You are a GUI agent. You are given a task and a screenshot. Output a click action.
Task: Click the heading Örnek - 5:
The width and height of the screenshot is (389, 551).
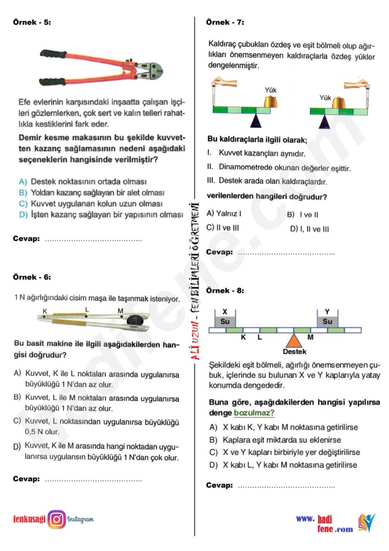click(32, 22)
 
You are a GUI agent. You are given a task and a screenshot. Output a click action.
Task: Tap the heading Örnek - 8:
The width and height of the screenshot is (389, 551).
click(225, 290)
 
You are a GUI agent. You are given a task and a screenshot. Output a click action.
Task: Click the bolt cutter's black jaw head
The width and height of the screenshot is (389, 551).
click(148, 69)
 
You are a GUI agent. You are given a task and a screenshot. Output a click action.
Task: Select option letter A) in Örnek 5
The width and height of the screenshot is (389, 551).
click(23, 182)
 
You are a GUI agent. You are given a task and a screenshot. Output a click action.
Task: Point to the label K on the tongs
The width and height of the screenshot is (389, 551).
click(45, 311)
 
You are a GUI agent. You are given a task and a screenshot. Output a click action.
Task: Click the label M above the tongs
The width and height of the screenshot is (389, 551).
click(120, 311)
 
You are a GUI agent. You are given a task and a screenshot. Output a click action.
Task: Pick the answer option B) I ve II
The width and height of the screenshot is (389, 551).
click(303, 215)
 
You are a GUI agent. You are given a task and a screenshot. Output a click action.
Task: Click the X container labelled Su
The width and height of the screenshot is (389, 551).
click(225, 321)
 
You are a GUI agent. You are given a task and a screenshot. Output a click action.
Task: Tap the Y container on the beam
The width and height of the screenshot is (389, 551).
click(327, 321)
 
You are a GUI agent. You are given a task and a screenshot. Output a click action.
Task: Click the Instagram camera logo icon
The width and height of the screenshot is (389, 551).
click(56, 519)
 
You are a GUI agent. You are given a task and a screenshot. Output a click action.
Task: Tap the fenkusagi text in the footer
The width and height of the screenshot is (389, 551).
click(29, 519)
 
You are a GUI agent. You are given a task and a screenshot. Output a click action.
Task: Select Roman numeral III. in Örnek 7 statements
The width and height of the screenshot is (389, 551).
click(211, 180)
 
